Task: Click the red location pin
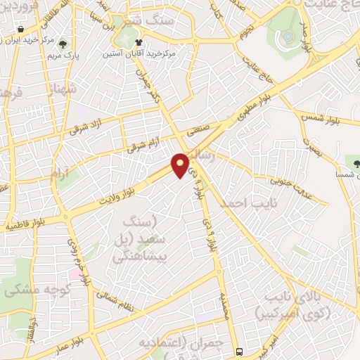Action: (x=181, y=164)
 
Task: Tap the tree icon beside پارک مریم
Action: (x=67, y=44)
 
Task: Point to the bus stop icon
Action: (x=240, y=351)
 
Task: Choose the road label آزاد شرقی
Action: (x=70, y=129)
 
